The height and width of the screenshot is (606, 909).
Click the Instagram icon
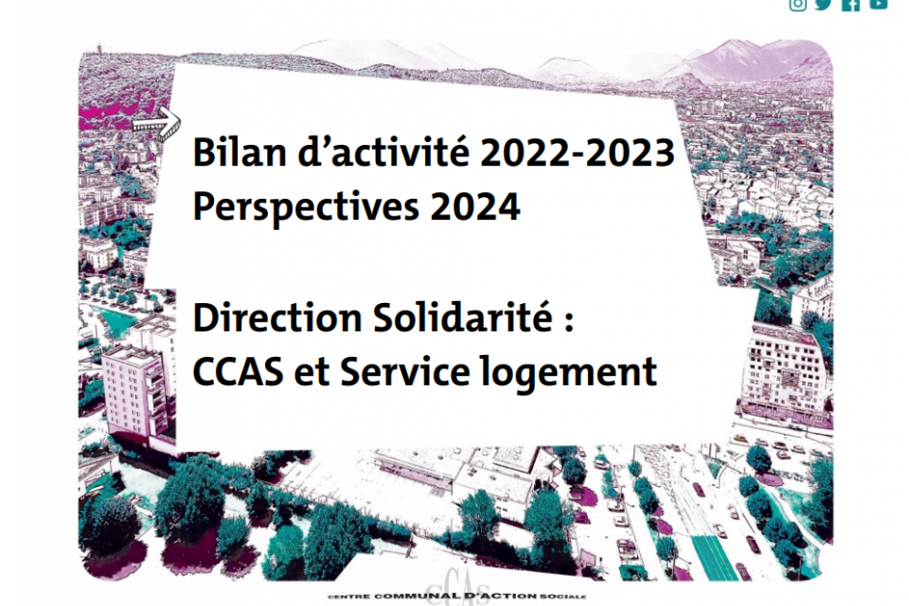(x=798, y=4)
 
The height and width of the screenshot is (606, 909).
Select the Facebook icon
(x=850, y=4)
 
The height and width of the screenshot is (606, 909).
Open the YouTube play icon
(x=878, y=4)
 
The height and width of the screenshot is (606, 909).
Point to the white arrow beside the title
(x=155, y=121)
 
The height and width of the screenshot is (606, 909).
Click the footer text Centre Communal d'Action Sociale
(x=456, y=597)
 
